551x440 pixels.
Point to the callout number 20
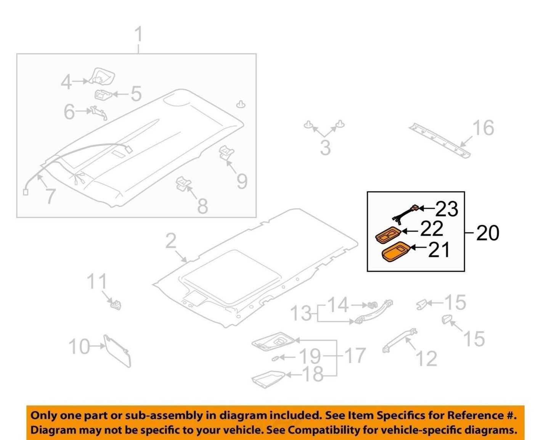click(x=487, y=233)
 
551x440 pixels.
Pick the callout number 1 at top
click(x=138, y=35)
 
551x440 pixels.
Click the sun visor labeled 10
click(x=117, y=351)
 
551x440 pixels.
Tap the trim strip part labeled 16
click(x=440, y=140)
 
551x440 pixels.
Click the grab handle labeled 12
click(x=399, y=340)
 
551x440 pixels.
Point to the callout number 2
click(x=171, y=241)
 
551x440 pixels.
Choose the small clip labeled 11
click(x=116, y=305)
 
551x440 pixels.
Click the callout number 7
click(x=50, y=196)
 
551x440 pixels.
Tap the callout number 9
click(x=242, y=181)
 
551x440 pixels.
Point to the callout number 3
click(x=325, y=148)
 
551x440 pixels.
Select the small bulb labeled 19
click(x=275, y=358)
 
